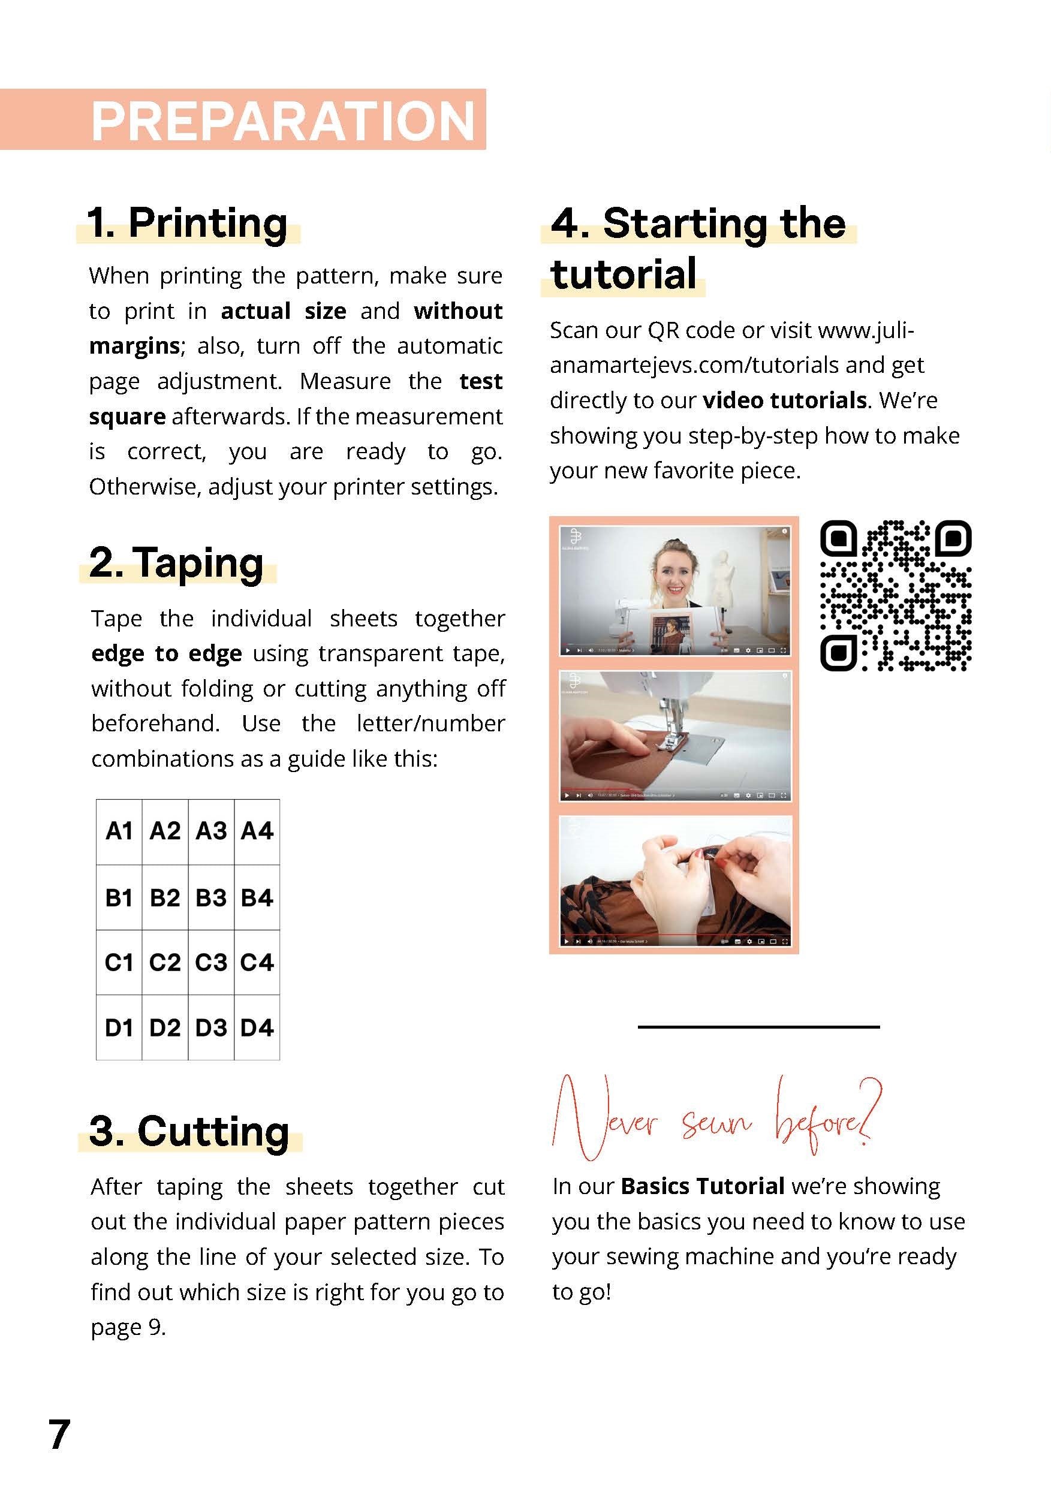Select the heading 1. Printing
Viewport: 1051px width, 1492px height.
tap(187, 224)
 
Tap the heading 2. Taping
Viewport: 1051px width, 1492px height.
tap(176, 563)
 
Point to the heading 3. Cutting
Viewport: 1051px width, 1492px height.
tap(189, 1131)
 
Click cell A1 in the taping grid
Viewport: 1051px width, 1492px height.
tap(119, 831)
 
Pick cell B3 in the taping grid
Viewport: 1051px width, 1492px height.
tap(211, 897)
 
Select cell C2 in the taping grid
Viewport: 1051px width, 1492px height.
tap(164, 962)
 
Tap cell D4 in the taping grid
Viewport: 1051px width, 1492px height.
tap(257, 1028)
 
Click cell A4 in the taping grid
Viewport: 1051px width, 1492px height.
tap(257, 831)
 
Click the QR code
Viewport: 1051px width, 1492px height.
tap(895, 595)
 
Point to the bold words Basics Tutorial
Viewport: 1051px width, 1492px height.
tap(703, 1186)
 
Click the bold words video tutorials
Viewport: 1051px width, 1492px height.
tap(785, 400)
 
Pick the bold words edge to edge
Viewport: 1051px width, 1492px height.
tap(167, 653)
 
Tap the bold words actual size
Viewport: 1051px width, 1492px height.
tap(284, 311)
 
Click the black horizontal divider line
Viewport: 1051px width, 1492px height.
tap(758, 1027)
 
